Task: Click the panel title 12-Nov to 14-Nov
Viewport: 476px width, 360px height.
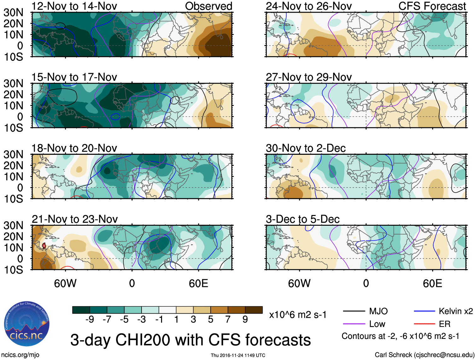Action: click(x=74, y=6)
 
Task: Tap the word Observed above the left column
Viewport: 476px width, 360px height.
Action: click(x=208, y=6)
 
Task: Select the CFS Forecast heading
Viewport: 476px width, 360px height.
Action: click(x=432, y=6)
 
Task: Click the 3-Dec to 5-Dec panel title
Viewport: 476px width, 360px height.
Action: click(x=303, y=219)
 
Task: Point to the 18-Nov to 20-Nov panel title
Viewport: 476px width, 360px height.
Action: click(x=74, y=148)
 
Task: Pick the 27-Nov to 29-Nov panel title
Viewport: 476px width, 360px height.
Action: click(x=309, y=77)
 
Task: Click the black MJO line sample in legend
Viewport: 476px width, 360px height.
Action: click(x=354, y=311)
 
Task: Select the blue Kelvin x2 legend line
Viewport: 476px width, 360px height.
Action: click(x=424, y=311)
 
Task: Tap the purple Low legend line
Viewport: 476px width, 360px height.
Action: click(x=354, y=324)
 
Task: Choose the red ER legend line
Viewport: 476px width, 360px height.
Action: click(x=424, y=324)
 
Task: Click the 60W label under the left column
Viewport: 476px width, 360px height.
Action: click(x=65, y=283)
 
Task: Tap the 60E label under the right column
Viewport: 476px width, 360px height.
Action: click(x=432, y=283)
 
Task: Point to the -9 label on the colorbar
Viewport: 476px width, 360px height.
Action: click(x=90, y=320)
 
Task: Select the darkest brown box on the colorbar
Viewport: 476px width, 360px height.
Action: click(x=254, y=310)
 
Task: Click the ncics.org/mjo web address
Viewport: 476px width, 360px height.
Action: click(x=20, y=355)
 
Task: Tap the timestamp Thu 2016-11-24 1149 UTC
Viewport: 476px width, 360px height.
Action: click(x=238, y=355)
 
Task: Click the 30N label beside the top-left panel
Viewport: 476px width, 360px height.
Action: click(x=13, y=13)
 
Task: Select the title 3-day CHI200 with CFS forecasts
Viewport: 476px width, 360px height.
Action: click(x=190, y=340)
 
